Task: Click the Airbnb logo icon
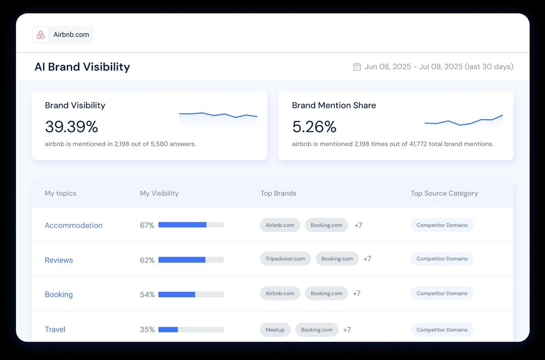[40, 35]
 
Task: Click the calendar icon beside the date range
[357, 67]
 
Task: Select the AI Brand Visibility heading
[82, 67]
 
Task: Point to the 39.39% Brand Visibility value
[71, 127]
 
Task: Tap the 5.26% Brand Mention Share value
[314, 127]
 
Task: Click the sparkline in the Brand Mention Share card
[463, 120]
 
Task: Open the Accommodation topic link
[74, 225]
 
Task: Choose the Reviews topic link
[59, 260]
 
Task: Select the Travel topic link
[55, 330]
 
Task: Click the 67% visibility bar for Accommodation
[191, 225]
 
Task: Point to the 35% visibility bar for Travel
[191, 330]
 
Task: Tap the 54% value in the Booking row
[147, 295]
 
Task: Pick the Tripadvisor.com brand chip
[285, 259]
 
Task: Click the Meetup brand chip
[275, 330]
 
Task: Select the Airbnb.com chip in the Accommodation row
[280, 225]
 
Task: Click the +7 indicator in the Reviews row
[367, 259]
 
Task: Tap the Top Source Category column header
[444, 193]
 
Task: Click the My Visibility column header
[159, 193]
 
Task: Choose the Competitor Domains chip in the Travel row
[442, 330]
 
